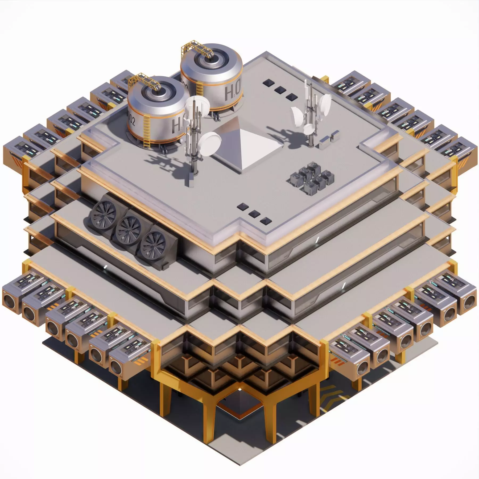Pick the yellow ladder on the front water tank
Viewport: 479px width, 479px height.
(146, 133)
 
